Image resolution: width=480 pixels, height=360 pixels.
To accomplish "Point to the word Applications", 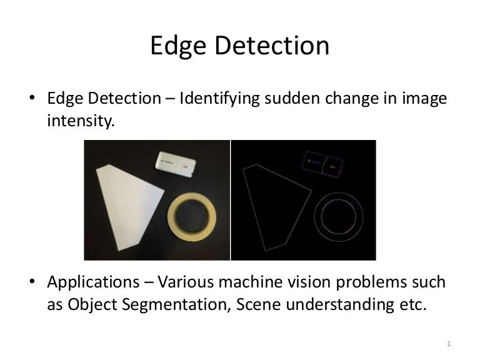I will click(88, 282).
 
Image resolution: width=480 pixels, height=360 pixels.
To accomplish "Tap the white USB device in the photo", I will click(177, 164).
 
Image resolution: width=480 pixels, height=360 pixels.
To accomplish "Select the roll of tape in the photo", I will click(195, 217).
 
